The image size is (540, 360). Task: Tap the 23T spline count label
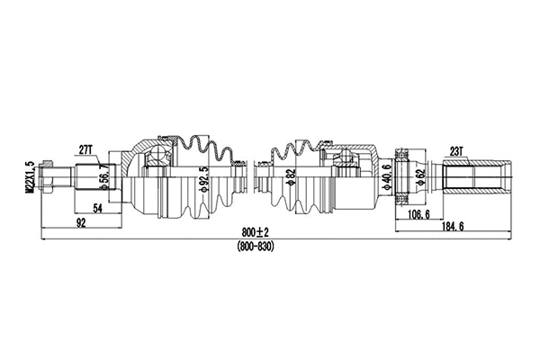click(x=456, y=152)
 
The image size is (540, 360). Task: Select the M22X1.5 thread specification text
click(x=30, y=177)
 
